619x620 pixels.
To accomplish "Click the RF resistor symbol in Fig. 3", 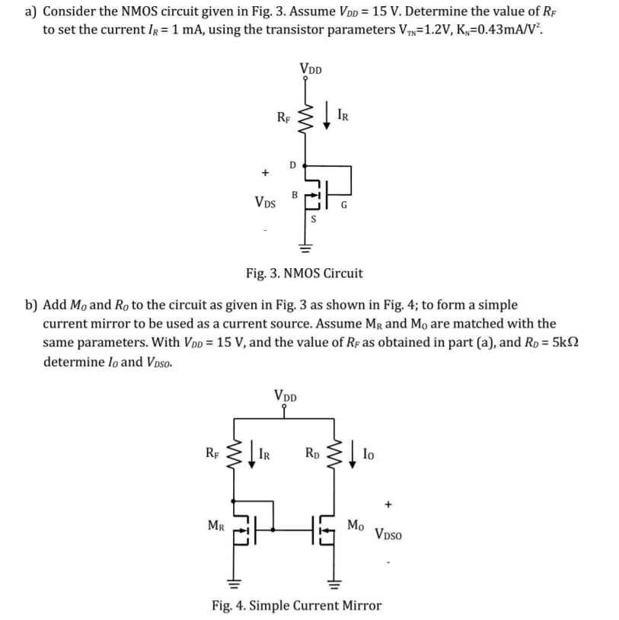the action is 308,117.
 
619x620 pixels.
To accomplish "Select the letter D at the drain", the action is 292,165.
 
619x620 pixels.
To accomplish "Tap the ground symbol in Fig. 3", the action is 307,247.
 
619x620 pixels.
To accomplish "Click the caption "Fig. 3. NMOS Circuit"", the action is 304,273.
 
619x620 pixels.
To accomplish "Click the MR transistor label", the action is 217,524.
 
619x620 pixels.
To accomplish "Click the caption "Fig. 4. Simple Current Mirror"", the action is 296,606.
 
